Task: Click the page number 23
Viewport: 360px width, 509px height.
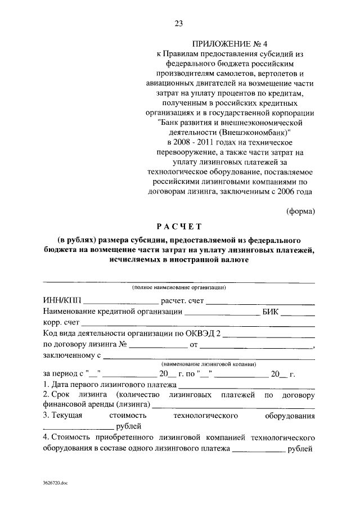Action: click(179, 23)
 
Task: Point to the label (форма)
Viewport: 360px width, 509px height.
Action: click(300, 211)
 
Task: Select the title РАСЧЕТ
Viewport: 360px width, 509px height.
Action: click(179, 227)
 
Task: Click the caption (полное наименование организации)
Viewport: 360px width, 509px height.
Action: click(179, 287)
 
